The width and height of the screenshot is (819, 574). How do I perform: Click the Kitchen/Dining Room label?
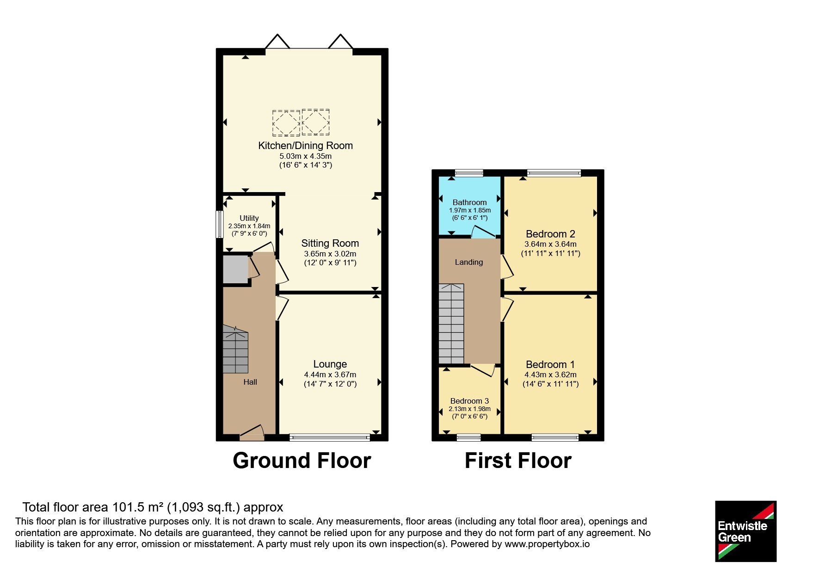click(x=305, y=145)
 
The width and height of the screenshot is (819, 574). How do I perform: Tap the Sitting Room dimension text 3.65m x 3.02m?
click(x=330, y=254)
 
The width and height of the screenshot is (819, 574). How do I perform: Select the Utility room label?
click(x=249, y=218)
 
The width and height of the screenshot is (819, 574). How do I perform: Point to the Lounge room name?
click(x=330, y=364)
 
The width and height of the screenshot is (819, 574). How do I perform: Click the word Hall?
click(x=250, y=382)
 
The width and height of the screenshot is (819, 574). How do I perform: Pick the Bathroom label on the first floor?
click(x=469, y=202)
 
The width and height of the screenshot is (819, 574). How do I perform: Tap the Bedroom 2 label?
click(x=550, y=234)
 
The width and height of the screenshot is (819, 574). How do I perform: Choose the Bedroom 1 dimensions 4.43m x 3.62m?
click(x=550, y=374)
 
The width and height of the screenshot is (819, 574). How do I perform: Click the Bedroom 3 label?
click(x=469, y=401)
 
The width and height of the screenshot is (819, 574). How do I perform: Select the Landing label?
click(x=469, y=262)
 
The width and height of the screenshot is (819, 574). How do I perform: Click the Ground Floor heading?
click(x=302, y=461)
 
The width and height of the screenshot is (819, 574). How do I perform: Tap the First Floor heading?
click(x=518, y=461)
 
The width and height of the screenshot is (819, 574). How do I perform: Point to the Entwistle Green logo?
click(x=745, y=531)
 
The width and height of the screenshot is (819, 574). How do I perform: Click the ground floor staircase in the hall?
click(x=235, y=349)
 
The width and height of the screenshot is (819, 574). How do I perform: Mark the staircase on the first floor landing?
click(x=451, y=324)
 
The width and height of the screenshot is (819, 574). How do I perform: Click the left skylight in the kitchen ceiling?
click(x=286, y=123)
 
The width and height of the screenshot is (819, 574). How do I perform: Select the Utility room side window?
click(x=220, y=225)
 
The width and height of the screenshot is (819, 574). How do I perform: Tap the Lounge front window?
click(x=330, y=437)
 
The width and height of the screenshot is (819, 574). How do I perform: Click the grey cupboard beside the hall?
click(x=236, y=269)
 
